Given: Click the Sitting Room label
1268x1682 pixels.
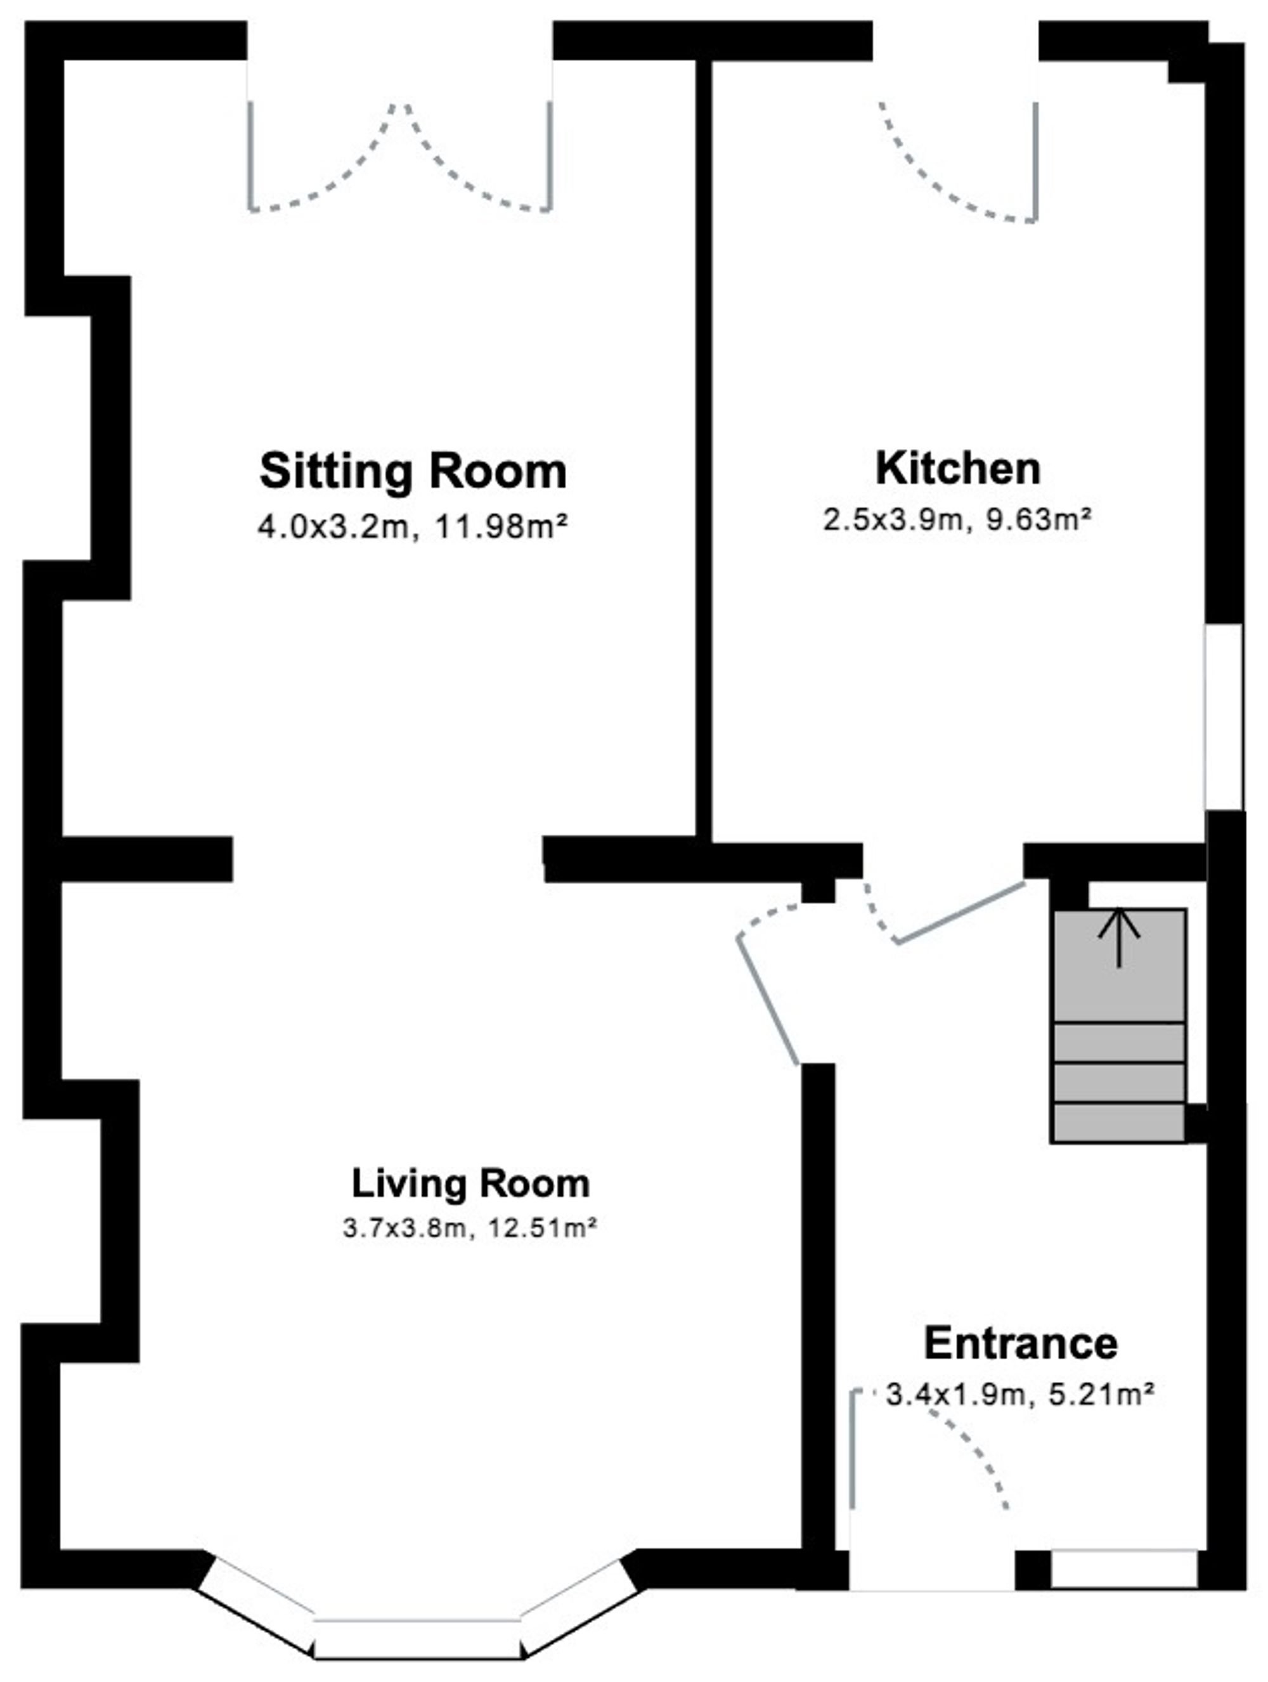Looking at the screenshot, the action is [x=413, y=471].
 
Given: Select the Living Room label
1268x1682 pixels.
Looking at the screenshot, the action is [x=470, y=1183].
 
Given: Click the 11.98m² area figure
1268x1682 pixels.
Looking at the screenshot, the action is [x=501, y=526].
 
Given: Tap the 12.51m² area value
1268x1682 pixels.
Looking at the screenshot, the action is [x=538, y=1228].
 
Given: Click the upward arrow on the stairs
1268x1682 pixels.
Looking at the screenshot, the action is [x=1119, y=939].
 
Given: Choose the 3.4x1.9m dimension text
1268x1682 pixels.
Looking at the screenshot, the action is [x=955, y=1395].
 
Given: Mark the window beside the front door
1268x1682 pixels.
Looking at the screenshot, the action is [x=1123, y=1567].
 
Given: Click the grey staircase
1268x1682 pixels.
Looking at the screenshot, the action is [x=1119, y=1025].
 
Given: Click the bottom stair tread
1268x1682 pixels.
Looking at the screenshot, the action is [x=1119, y=1123].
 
